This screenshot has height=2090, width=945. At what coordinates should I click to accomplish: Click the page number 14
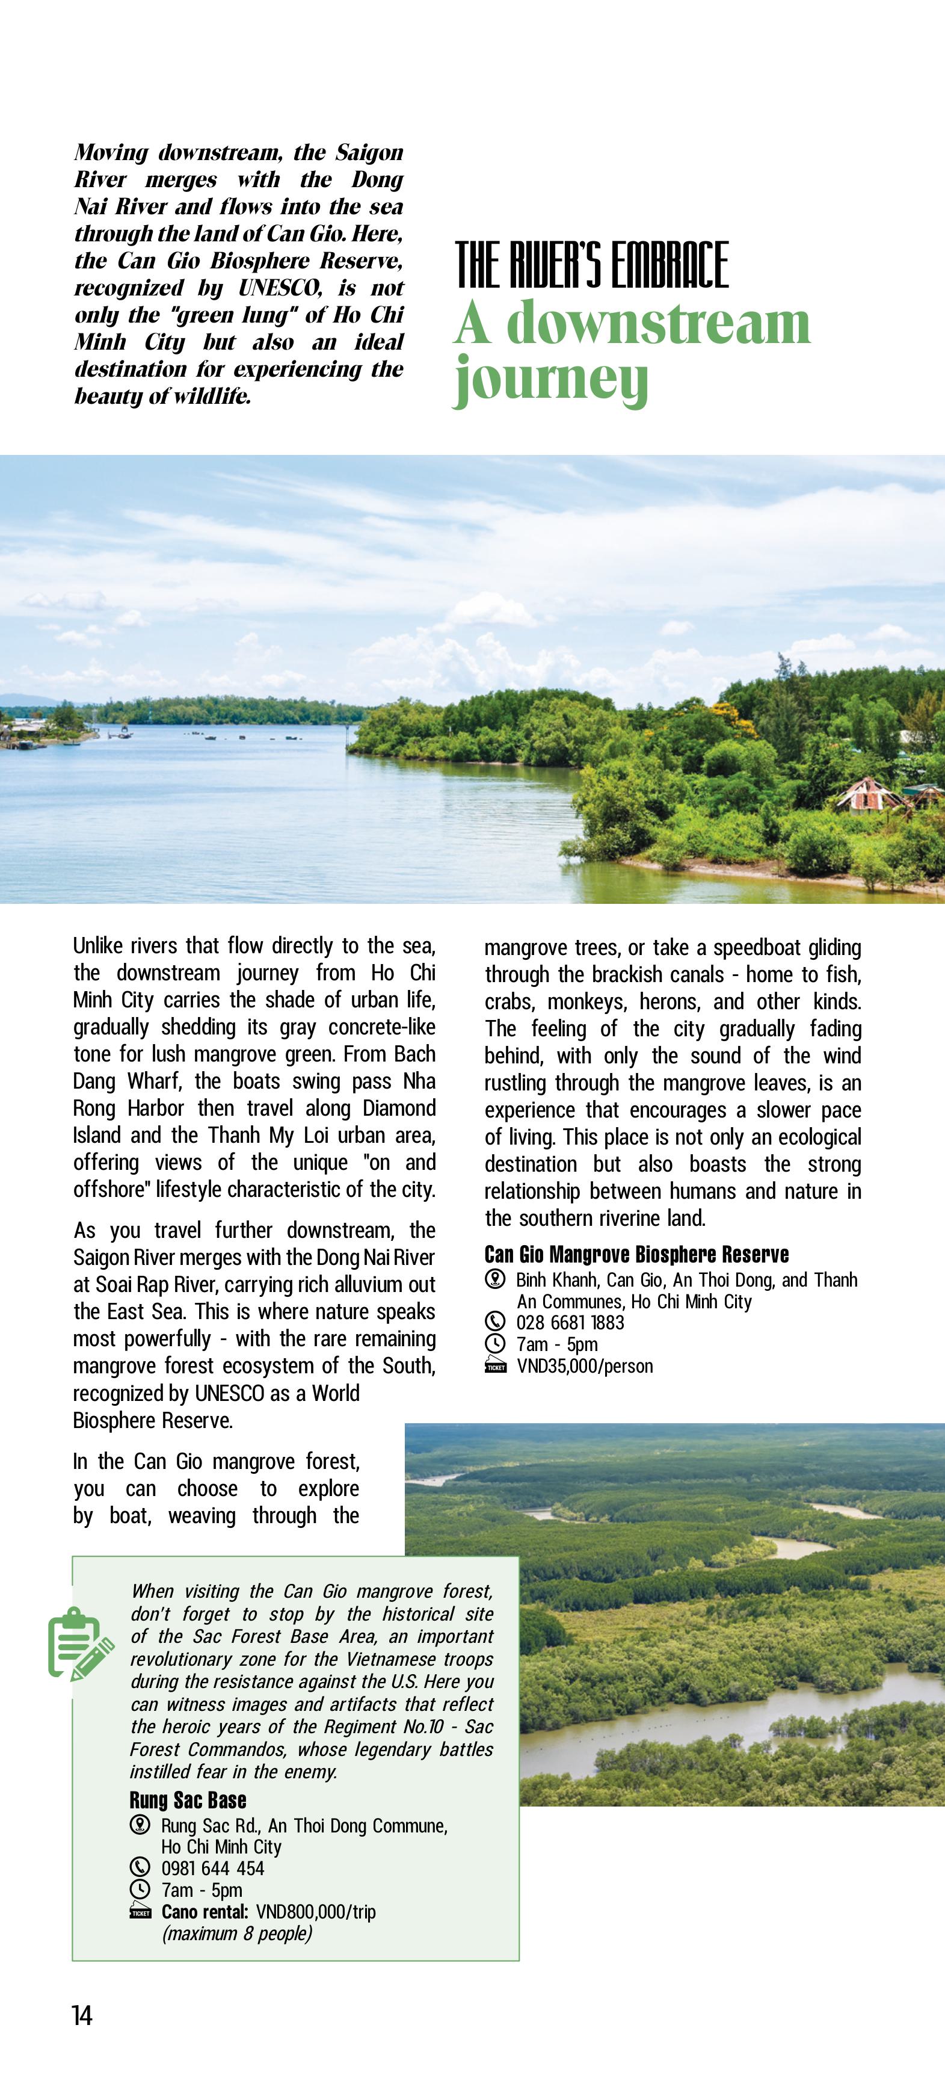82,2015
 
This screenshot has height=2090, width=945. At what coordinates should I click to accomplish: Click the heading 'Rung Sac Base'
188,1801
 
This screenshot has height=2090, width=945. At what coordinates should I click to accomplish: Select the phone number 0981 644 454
212,1869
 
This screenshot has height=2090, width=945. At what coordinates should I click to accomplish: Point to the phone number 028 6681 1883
570,1323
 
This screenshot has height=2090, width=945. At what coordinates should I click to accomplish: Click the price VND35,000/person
584,1366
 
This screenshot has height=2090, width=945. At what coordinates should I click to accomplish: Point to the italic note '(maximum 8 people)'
237,1934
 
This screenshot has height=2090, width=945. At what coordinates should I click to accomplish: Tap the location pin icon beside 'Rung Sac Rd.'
140,1825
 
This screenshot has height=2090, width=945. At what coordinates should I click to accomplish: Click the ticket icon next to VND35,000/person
495,1366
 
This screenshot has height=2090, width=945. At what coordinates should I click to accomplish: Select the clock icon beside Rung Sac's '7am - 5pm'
140,1890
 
